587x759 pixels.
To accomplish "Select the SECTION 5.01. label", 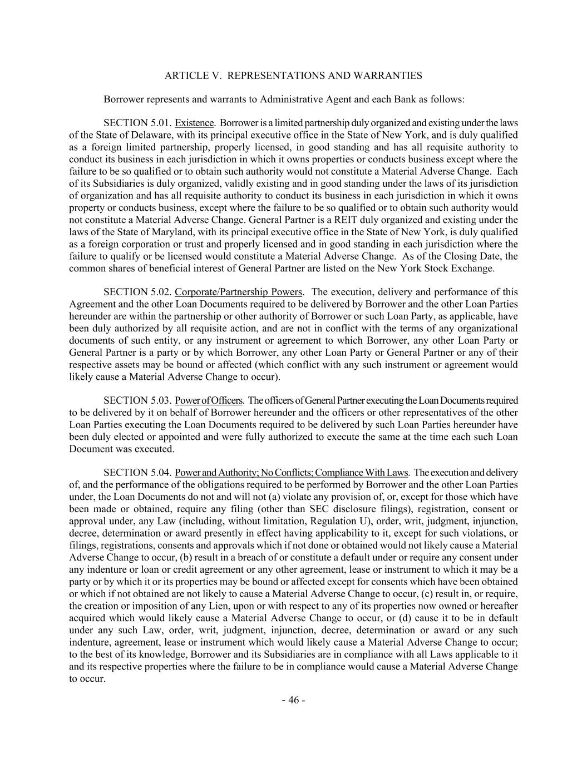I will click(137, 123).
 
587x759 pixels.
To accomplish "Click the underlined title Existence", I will click(194, 123).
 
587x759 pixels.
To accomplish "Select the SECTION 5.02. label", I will click(137, 292).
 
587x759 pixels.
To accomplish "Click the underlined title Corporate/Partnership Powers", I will click(238, 292).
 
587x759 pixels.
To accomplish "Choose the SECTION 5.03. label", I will click(137, 401).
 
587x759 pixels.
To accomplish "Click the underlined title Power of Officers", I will click(209, 401).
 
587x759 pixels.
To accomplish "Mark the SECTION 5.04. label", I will click(137, 473).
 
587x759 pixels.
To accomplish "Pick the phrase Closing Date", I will click(471, 256).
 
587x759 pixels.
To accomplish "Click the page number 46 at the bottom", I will click(293, 700).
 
